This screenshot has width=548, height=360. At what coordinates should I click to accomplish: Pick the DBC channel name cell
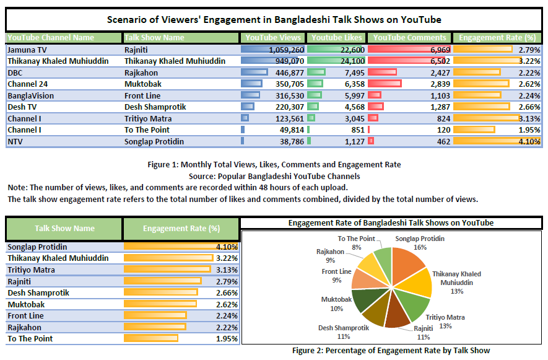pos(15,72)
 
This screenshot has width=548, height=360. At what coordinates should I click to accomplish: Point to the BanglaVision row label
pos(31,96)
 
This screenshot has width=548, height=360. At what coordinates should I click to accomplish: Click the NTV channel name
pos(15,142)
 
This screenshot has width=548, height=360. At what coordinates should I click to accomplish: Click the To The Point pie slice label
pos(356,242)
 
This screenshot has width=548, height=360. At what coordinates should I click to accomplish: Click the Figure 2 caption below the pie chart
pos(391,351)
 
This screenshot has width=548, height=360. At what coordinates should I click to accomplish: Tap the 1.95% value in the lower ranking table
pos(228,339)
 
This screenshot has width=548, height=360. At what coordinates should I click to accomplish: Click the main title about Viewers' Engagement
pos(274,19)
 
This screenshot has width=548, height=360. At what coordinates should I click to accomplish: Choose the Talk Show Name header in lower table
pos(64,229)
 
